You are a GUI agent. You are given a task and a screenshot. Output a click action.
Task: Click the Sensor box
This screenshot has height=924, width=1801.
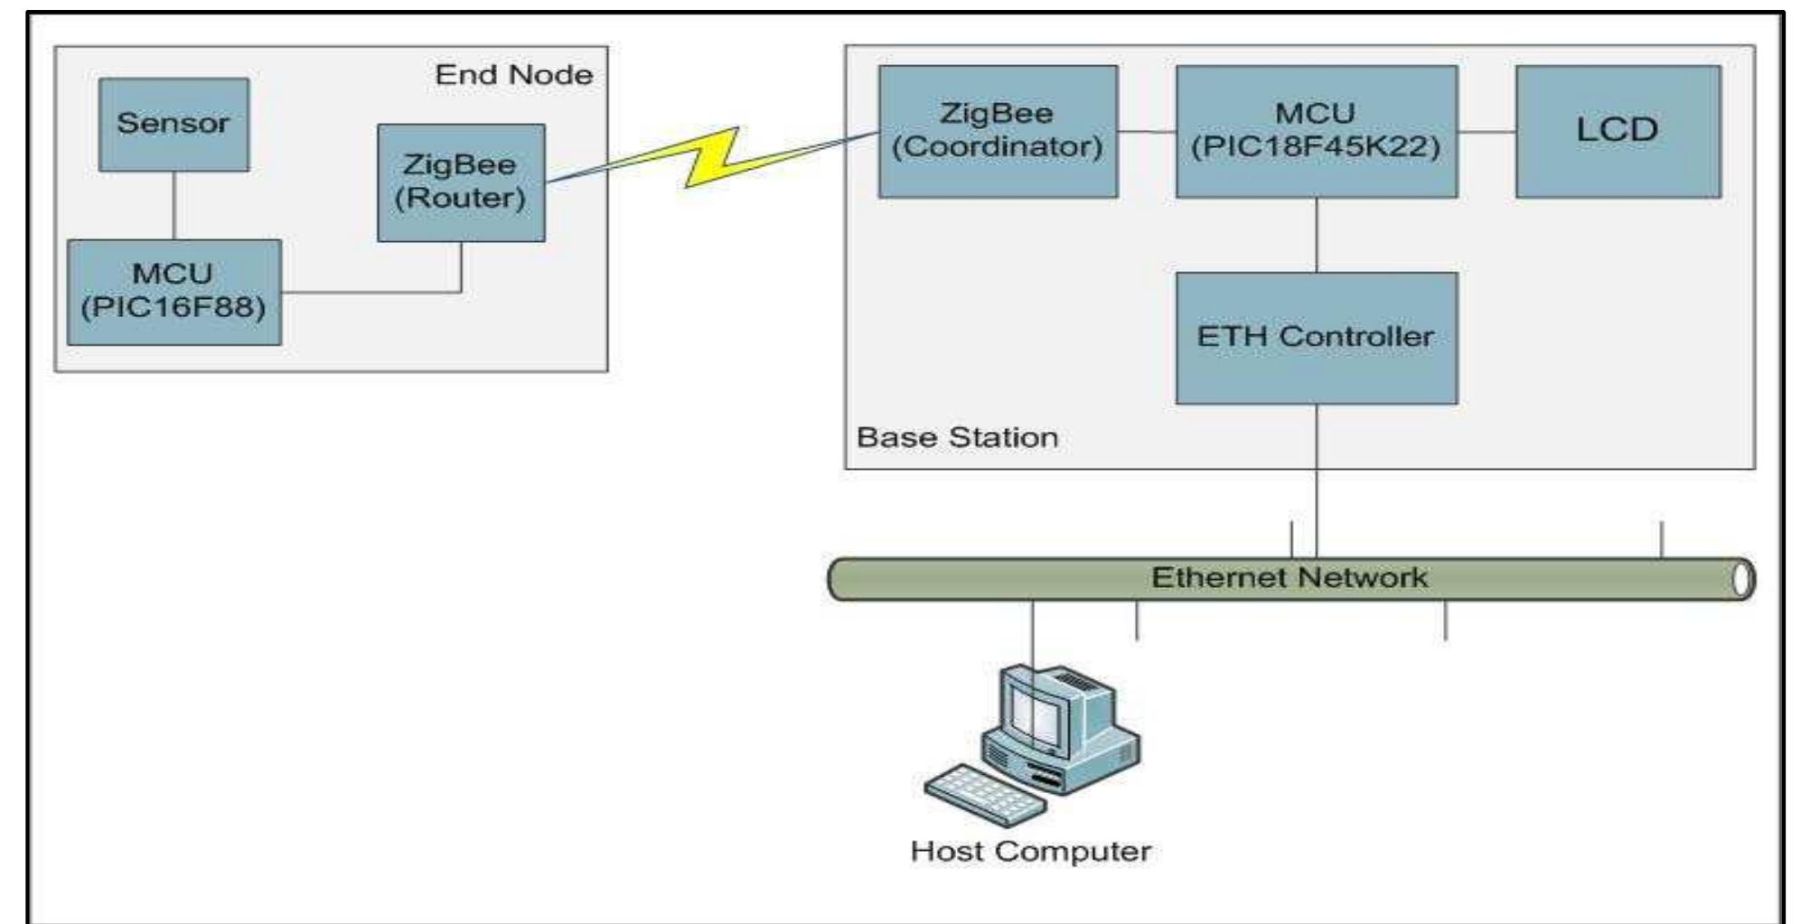tap(174, 124)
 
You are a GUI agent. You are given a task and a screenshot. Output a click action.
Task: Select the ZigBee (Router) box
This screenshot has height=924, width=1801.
tap(461, 182)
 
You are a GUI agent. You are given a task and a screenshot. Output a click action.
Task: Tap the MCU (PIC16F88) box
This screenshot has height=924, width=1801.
tap(174, 292)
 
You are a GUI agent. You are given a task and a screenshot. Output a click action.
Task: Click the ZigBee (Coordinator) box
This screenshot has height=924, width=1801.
tap(998, 131)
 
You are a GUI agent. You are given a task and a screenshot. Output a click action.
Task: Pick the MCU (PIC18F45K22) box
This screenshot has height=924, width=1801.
tap(1316, 131)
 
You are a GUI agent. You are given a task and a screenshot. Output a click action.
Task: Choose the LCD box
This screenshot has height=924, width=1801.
tap(1618, 131)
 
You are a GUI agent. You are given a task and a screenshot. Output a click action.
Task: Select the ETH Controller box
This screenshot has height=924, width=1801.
tap(1316, 338)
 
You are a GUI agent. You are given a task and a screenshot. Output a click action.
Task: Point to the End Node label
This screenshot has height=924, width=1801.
tap(513, 75)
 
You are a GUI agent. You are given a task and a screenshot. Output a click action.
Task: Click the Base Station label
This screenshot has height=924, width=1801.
tap(957, 438)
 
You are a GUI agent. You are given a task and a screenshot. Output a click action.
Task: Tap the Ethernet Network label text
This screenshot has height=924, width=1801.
tap(1290, 578)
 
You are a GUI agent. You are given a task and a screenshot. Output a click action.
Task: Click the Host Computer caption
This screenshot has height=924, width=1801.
tap(1030, 852)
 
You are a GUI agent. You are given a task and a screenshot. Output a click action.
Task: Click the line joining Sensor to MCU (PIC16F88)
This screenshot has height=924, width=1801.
tap(174, 205)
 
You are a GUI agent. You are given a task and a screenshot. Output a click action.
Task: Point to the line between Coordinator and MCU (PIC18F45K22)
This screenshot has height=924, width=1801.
tap(1147, 132)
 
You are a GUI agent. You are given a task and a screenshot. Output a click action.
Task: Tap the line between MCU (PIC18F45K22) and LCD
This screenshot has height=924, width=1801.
tap(1487, 132)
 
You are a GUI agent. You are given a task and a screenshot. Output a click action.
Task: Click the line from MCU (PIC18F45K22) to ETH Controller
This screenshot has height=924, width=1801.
tap(1317, 235)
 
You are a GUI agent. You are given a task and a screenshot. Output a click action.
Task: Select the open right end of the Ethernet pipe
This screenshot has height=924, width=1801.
tap(1743, 580)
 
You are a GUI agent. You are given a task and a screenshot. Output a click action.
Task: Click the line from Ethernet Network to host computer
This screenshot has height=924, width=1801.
tap(1033, 632)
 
